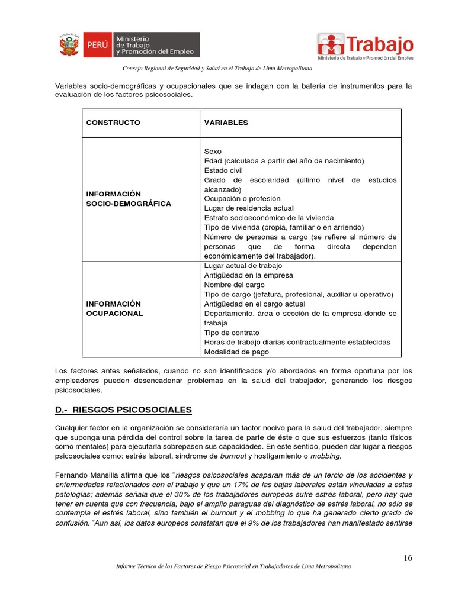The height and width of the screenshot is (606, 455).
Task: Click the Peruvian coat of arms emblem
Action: pyautogui.click(x=70, y=44)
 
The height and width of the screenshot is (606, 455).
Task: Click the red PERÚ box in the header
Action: pyautogui.click(x=98, y=45)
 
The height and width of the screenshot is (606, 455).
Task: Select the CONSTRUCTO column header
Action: pyautogui.click(x=113, y=123)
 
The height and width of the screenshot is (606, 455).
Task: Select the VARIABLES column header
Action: pyautogui.click(x=226, y=123)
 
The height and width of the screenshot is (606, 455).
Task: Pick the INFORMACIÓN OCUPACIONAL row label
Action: pyautogui.click(x=114, y=308)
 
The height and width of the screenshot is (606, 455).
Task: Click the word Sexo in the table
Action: pyautogui.click(x=213, y=151)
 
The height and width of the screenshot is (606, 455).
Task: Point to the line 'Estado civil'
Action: pyautogui.click(x=223, y=170)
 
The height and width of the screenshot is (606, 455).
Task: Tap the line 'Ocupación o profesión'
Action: pyautogui.click(x=242, y=199)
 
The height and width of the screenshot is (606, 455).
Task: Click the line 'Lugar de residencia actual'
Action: pyautogui.click(x=249, y=208)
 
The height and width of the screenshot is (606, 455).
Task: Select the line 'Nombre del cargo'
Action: pyautogui.click(x=235, y=285)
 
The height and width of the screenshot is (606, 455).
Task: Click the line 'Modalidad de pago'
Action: pyautogui.click(x=236, y=352)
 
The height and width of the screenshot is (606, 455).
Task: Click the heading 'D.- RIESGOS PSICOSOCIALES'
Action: pyautogui.click(x=123, y=410)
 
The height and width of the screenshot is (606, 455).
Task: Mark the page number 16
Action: pyautogui.click(x=408, y=558)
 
